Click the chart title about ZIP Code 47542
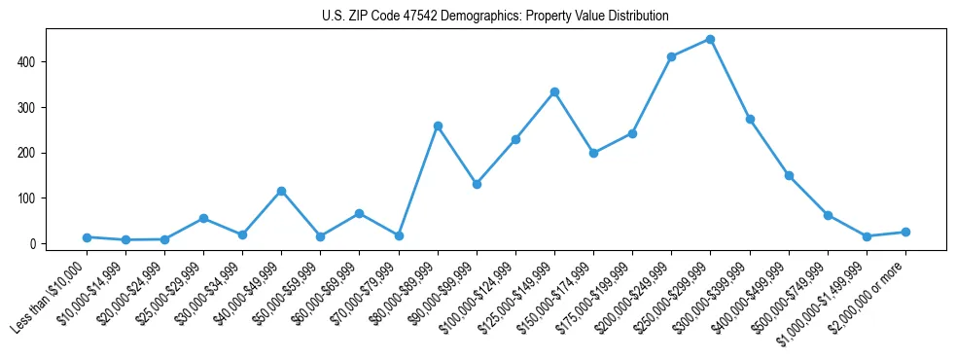click(495, 17)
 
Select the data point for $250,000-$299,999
click(710, 39)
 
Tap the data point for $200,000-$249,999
click(671, 56)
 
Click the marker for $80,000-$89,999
click(438, 126)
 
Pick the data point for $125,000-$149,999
click(554, 91)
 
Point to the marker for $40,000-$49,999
click(281, 191)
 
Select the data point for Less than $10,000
click(87, 237)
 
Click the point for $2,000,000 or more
click(905, 232)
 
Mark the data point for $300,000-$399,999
click(750, 119)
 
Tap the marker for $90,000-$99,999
click(477, 184)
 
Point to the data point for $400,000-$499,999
click(789, 176)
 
